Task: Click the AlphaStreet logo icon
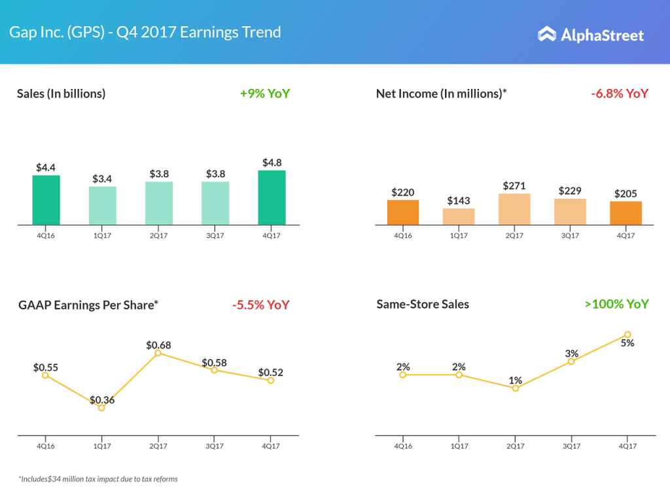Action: (x=546, y=34)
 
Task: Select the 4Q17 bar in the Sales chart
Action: (x=272, y=197)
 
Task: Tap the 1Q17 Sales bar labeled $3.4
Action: (x=103, y=206)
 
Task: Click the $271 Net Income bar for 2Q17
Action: (x=514, y=209)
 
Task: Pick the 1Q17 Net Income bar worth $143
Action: (x=459, y=216)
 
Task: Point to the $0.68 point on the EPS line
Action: (x=158, y=353)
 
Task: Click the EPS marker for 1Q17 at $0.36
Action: (x=101, y=407)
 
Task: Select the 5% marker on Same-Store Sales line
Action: (x=627, y=334)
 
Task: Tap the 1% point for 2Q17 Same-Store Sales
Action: (x=516, y=388)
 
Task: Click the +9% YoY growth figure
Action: (x=264, y=93)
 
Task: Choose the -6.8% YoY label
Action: (x=619, y=93)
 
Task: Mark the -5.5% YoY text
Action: (x=260, y=305)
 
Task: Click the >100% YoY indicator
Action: (x=616, y=304)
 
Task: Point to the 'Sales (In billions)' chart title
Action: (x=62, y=93)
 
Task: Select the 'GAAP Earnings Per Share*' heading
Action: (x=88, y=305)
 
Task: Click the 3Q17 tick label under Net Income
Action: (x=571, y=235)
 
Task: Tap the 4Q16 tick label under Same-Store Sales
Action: (x=403, y=446)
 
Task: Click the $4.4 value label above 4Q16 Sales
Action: (x=46, y=167)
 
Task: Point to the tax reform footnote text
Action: (x=97, y=479)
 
